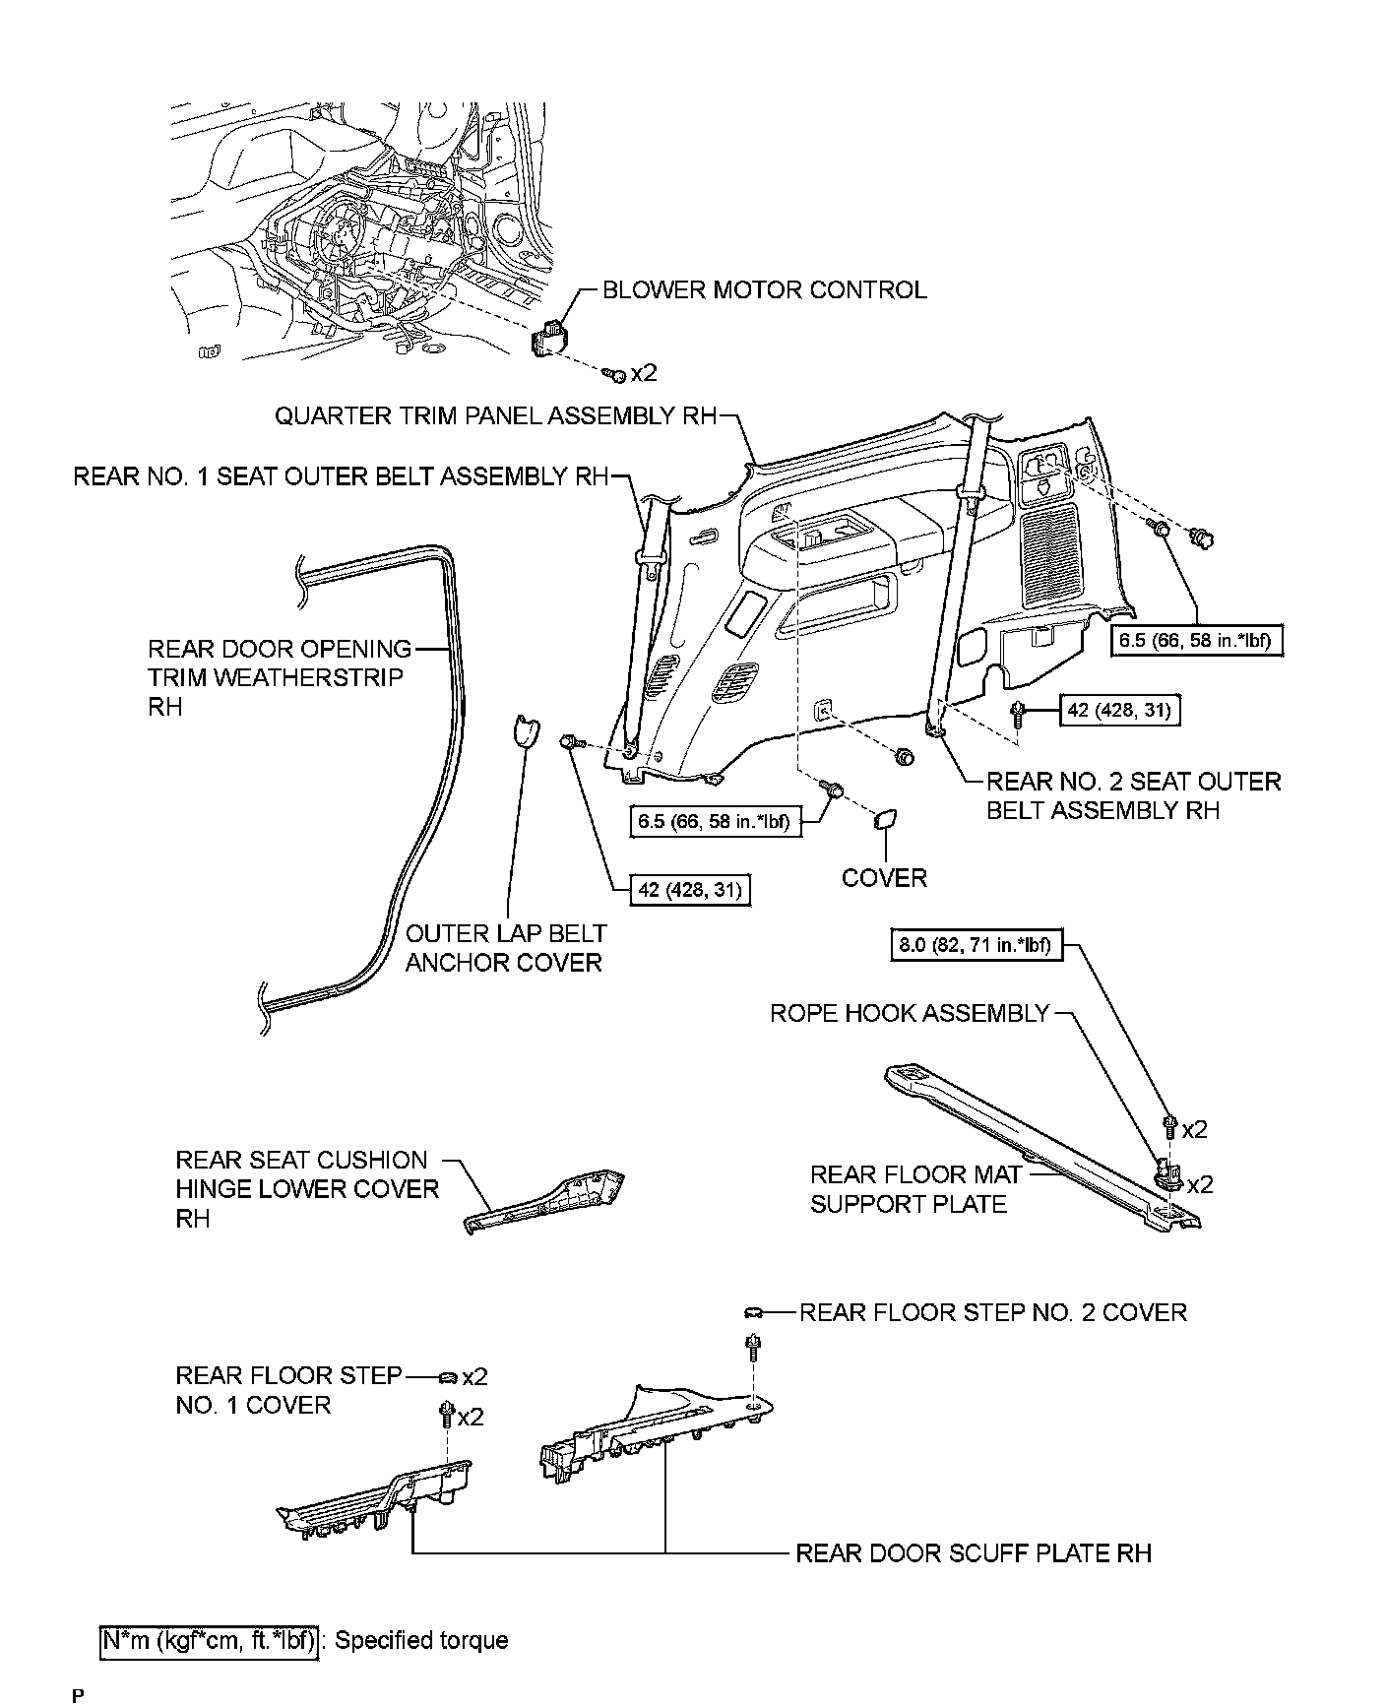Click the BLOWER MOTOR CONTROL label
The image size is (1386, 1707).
(x=764, y=290)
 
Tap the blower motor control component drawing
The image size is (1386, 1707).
(x=548, y=339)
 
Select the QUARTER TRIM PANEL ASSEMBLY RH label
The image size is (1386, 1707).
(x=495, y=416)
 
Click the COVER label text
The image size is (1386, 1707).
(x=884, y=878)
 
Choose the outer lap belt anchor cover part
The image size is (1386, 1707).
(x=528, y=732)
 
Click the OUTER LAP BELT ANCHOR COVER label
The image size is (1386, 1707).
(x=505, y=948)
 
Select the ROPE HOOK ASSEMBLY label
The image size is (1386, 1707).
(x=910, y=1014)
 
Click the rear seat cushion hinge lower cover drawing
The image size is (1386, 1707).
(x=547, y=1201)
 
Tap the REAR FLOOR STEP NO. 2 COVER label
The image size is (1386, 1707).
(x=992, y=1312)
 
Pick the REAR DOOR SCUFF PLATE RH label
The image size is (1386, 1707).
(x=973, y=1553)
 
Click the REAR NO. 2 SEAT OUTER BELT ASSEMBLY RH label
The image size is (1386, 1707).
(x=1133, y=795)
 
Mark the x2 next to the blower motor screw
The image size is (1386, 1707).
(x=643, y=373)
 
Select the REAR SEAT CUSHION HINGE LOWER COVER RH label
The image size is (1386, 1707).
(x=306, y=1189)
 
